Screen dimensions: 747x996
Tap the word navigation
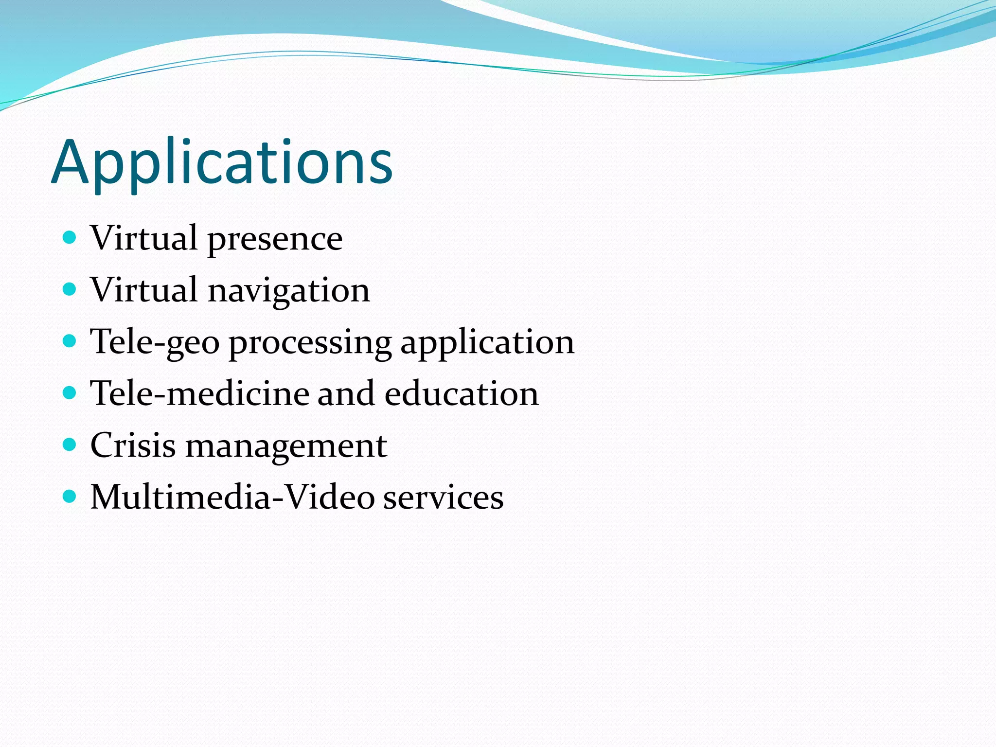coord(289,291)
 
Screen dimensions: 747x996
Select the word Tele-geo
coord(155,342)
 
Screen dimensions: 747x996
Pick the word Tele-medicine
coord(200,393)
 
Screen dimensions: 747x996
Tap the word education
coord(462,393)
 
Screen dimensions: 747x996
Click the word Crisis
coord(133,445)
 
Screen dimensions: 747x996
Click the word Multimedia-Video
coord(232,497)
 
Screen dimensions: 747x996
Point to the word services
coord(443,498)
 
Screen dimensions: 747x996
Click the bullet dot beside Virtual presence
coord(70,237)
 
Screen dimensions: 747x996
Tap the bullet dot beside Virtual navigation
coord(70,289)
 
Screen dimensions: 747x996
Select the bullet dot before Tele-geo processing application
coord(70,341)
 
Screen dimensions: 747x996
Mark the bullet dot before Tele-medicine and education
coord(70,392)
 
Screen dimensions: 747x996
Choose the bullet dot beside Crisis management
coord(70,445)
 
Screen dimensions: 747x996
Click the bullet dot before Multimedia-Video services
coord(70,496)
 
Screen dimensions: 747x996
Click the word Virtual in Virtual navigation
coord(144,290)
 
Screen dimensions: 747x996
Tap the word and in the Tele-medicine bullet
coord(346,393)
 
